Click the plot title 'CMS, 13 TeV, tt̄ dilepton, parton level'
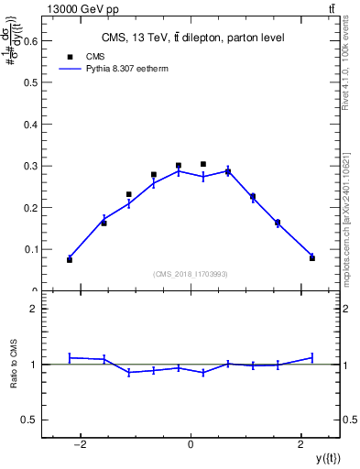pyautogui.click(x=191, y=38)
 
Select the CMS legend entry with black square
pyautogui.click(x=90, y=56)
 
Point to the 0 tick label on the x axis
pyautogui.click(x=191, y=444)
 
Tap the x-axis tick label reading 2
pyautogui.click(x=300, y=444)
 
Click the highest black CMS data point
pyautogui.click(x=203, y=164)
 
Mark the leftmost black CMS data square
pyautogui.click(x=70, y=260)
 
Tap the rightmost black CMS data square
pyautogui.click(x=312, y=258)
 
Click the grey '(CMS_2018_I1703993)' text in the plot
pyautogui.click(x=191, y=274)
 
